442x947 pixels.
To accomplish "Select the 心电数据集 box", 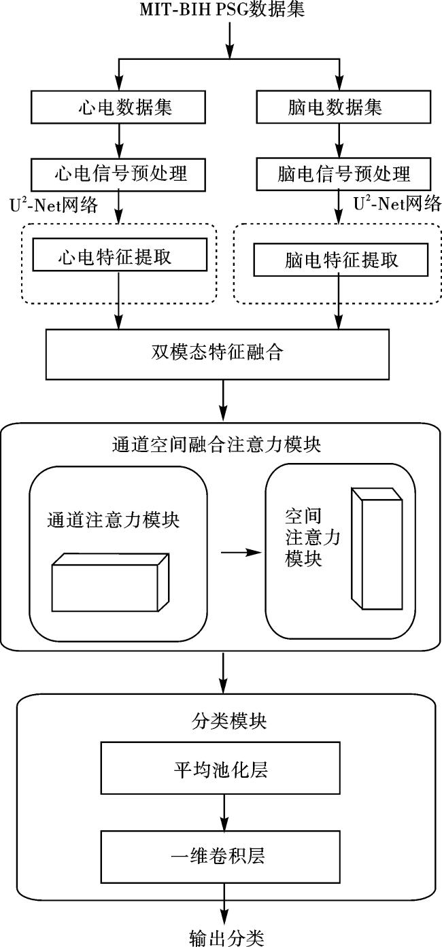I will pyautogui.click(x=119, y=107).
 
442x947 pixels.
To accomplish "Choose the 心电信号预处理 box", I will pyautogui.click(x=119, y=173).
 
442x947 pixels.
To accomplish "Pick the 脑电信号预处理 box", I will pyautogui.click(x=343, y=173).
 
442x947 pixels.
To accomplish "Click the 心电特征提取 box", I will pyautogui.click(x=119, y=258).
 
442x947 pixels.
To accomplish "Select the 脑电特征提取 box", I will pyautogui.click(x=341, y=260).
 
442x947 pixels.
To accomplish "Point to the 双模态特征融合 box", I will pyautogui.click(x=218, y=354).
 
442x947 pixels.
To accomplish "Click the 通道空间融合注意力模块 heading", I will pyautogui.click(x=216, y=445).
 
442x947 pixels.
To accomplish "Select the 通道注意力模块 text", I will pyautogui.click(x=113, y=520).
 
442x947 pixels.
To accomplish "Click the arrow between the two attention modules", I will pyautogui.click(x=241, y=553).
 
